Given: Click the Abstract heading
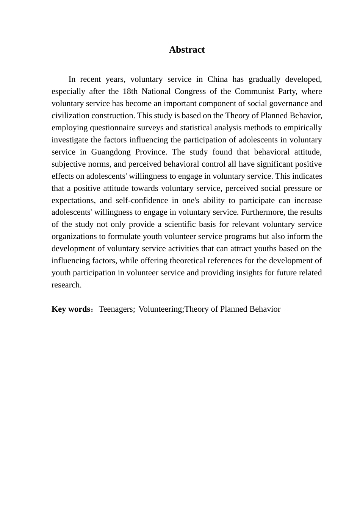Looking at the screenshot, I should tap(187, 50).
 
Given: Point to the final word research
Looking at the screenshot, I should tap(66, 285).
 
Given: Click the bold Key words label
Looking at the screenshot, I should tap(70, 309).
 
